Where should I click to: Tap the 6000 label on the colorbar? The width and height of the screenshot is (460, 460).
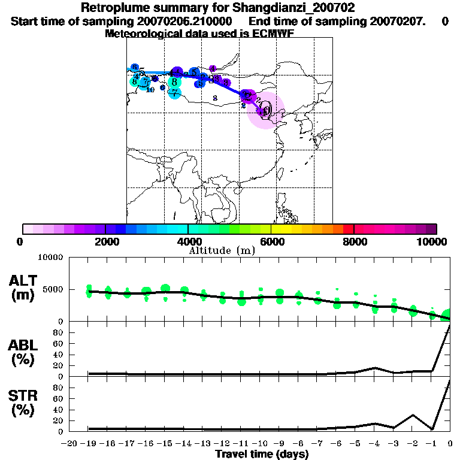(x=271, y=241)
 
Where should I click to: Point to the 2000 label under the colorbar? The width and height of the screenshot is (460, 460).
(x=105, y=241)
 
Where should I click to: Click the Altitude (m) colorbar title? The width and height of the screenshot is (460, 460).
(x=222, y=250)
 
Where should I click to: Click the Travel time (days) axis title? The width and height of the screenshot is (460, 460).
(x=262, y=455)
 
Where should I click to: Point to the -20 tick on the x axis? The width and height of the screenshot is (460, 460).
(x=69, y=444)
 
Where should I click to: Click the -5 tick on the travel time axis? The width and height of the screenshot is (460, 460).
(x=356, y=444)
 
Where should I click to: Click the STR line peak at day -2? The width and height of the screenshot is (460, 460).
(x=412, y=415)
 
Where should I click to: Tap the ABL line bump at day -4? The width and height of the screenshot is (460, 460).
(x=374, y=368)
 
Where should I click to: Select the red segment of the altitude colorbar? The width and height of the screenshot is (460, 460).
(x=348, y=229)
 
